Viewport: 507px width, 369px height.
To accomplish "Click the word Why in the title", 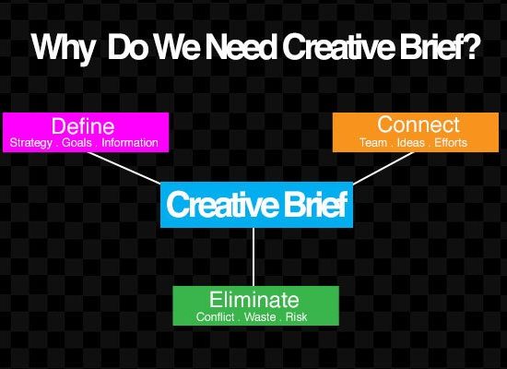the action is click(x=63, y=48).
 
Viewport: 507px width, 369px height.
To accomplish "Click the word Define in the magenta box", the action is click(x=83, y=125).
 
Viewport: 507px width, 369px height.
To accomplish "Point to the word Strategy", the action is click(x=31, y=143).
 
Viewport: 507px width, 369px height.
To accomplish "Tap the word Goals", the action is click(x=77, y=142).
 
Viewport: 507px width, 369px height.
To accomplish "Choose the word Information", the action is click(x=130, y=142).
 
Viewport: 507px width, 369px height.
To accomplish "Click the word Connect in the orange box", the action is click(x=419, y=125).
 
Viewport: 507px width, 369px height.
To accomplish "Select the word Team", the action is click(x=373, y=142).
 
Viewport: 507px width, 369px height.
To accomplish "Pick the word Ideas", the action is click(x=410, y=142).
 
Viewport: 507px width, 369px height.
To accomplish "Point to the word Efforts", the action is click(x=451, y=142).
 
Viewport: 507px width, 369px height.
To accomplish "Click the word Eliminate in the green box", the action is click(x=253, y=300).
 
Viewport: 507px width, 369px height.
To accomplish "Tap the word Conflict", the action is click(x=215, y=317).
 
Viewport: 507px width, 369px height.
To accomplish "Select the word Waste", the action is click(x=260, y=317).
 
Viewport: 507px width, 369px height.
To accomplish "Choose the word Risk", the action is click(x=296, y=317).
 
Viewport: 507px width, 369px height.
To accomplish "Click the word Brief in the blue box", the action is click(x=315, y=204).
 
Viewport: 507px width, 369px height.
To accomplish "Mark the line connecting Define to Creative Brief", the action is click(x=124, y=168).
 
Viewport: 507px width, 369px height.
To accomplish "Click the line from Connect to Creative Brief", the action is click(x=383, y=168).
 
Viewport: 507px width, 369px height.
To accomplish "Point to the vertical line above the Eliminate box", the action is click(x=253, y=256).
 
